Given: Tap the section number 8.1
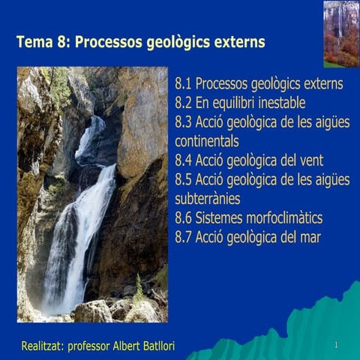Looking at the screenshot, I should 184,83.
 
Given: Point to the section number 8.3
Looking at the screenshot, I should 184,121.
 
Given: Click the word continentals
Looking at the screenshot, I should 206,141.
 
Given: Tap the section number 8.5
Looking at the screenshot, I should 184,179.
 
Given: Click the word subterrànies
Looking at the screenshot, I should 207,199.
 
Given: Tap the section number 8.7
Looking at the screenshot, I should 184,238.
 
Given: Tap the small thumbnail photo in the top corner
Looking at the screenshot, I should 340,34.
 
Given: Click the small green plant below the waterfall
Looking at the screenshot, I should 138,288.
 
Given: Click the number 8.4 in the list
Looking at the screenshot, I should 184,160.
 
